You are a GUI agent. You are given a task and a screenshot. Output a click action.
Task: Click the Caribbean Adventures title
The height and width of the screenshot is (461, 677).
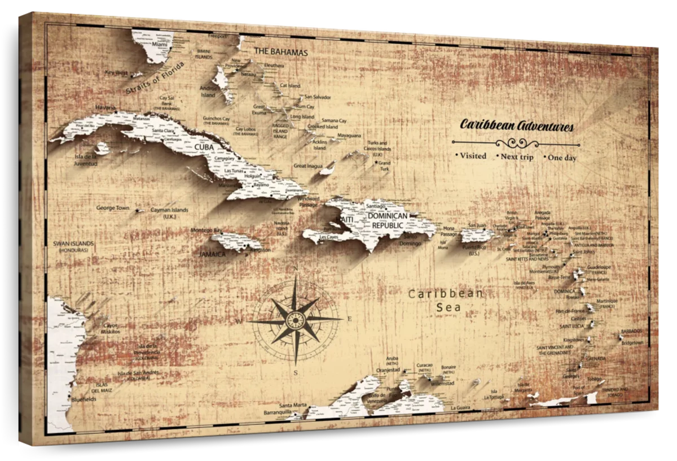click(517, 125)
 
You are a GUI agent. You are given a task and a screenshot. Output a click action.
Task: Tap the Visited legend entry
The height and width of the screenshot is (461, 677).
click(472, 156)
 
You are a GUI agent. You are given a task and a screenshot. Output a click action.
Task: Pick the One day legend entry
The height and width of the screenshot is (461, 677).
click(562, 158)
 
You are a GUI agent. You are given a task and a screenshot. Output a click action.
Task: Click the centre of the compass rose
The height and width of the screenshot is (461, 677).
click(294, 320)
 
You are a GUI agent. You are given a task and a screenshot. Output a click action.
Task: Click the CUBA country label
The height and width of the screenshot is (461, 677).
click(204, 147)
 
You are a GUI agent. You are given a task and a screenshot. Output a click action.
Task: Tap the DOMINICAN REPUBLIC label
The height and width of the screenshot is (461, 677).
click(386, 221)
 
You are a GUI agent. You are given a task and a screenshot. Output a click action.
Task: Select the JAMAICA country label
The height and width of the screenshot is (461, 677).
click(212, 254)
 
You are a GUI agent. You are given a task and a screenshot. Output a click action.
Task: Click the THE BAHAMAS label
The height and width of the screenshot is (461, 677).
click(280, 52)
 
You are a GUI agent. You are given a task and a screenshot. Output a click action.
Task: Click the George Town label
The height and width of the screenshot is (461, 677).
click(112, 208)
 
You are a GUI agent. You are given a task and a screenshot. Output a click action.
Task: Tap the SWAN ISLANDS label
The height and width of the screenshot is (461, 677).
click(73, 243)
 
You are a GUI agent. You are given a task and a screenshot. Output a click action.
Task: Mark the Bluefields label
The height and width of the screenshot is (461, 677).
click(84, 399)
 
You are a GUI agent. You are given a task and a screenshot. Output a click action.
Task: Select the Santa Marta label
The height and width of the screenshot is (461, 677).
click(292, 405)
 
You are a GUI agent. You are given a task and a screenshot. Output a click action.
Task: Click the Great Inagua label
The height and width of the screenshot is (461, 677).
click(307, 166)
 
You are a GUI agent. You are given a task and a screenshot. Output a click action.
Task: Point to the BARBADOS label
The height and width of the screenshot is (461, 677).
click(631, 331)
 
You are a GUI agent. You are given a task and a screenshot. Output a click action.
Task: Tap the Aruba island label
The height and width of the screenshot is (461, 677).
click(392, 358)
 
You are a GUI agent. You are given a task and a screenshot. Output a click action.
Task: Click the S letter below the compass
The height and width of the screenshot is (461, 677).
click(295, 373)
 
